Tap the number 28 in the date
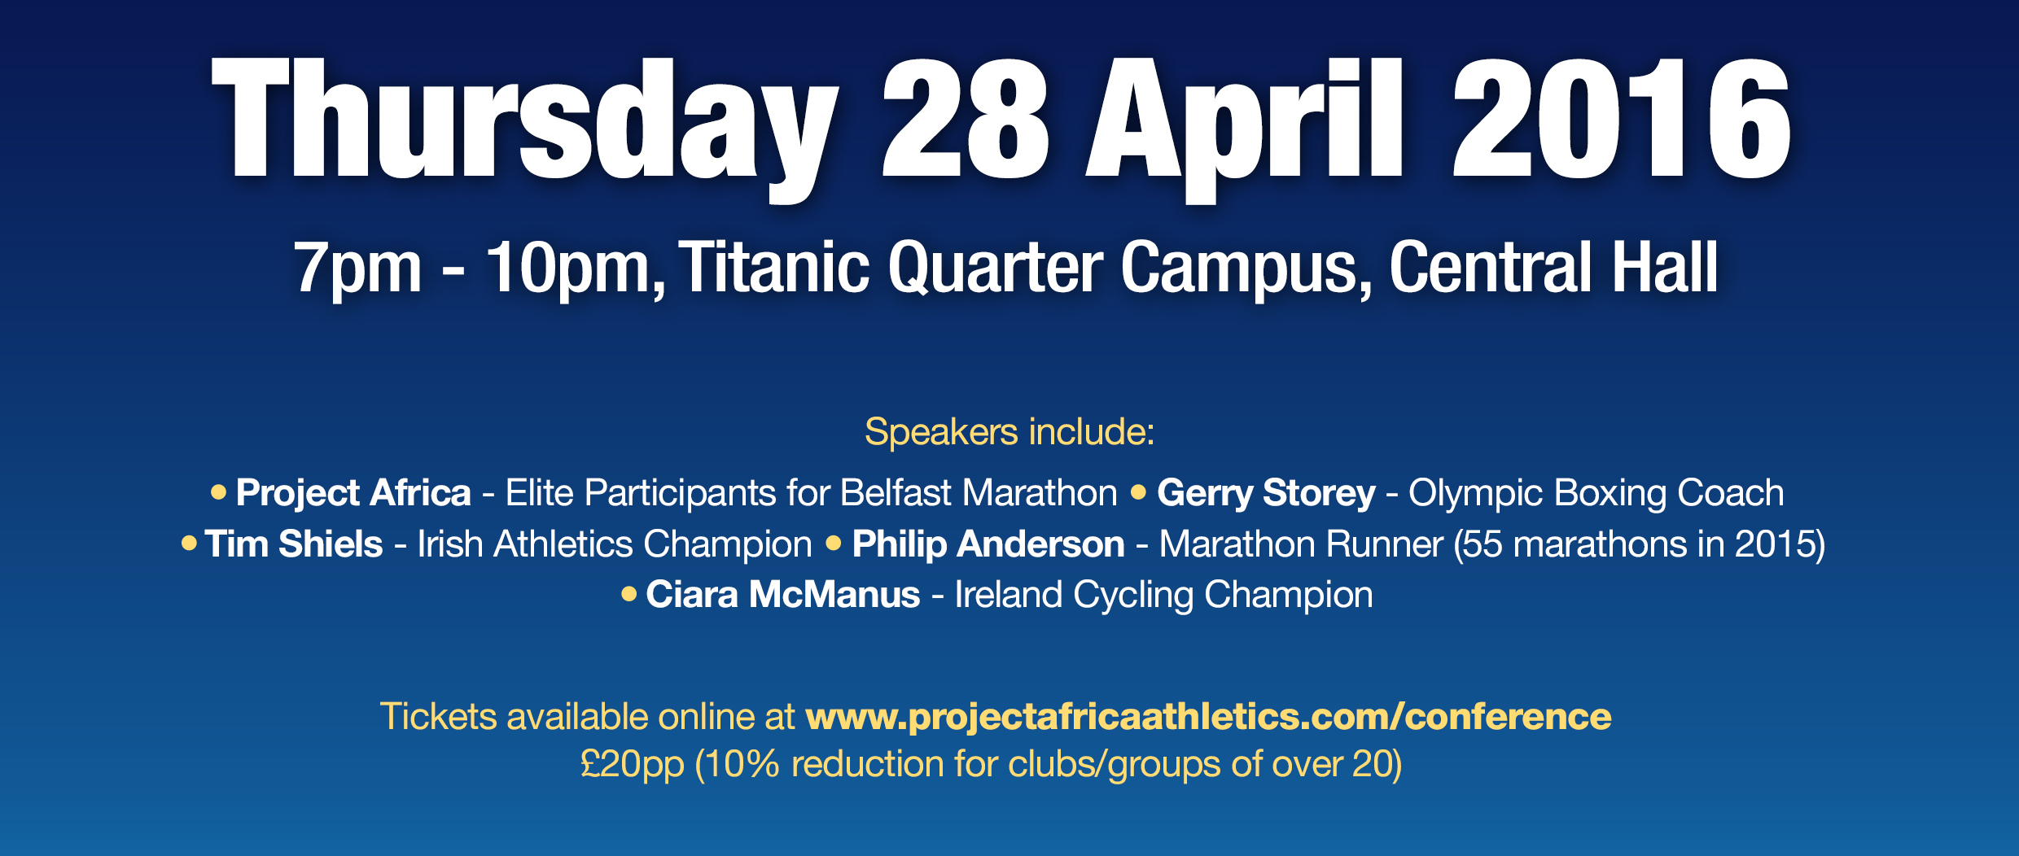click(966, 118)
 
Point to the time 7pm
click(358, 268)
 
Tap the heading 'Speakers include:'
click(1009, 431)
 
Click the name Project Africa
click(353, 493)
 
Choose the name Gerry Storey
click(1266, 493)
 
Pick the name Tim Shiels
click(294, 544)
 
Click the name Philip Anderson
click(988, 544)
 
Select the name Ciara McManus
click(783, 595)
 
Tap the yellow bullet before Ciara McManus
click(628, 594)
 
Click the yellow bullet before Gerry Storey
click(1138, 491)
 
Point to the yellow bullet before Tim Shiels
click(189, 543)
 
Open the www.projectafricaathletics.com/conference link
click(1208, 717)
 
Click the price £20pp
click(633, 765)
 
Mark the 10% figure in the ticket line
click(742, 764)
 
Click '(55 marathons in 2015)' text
click(1640, 544)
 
